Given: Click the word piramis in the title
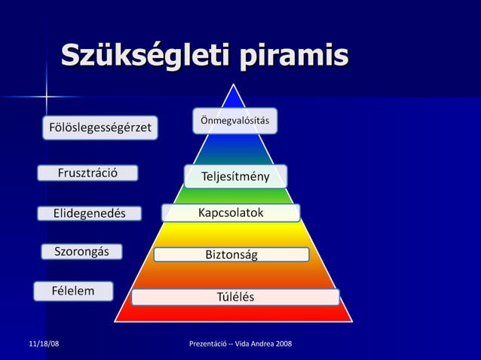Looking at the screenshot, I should [293, 56].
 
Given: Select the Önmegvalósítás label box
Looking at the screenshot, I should [235, 121].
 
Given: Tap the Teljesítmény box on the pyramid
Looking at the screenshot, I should [235, 176].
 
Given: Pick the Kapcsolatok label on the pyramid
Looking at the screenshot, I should [231, 213].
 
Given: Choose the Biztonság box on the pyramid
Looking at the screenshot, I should [231, 255].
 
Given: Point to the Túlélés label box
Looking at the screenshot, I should [235, 297].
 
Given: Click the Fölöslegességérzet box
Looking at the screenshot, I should [100, 128].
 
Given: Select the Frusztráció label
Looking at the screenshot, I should [88, 173].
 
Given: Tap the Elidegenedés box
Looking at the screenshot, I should [89, 213].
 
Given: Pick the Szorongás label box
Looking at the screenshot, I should [81, 252].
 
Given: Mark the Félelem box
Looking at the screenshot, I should [73, 291].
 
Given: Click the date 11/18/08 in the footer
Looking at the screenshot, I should [44, 344].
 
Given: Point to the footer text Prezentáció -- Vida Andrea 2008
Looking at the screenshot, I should [240, 344].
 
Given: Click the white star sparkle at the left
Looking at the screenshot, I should [46, 96].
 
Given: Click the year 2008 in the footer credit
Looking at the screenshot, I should [283, 344].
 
